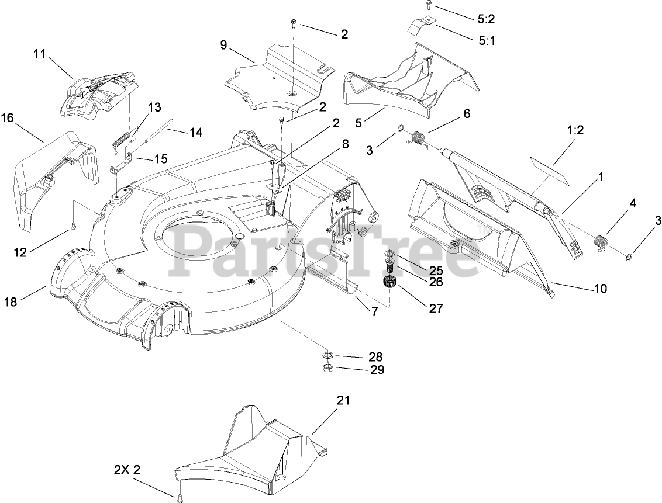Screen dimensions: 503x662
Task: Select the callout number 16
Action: (7, 118)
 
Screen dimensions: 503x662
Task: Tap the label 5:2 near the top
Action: (486, 19)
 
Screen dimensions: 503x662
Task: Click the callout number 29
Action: (377, 369)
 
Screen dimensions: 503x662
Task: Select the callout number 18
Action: (11, 301)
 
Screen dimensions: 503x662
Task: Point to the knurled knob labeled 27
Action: (389, 284)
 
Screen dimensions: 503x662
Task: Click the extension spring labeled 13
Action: (120, 139)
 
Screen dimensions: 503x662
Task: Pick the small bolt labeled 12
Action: (73, 226)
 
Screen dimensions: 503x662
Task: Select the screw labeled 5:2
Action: (428, 7)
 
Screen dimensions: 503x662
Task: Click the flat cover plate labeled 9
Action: (275, 76)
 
